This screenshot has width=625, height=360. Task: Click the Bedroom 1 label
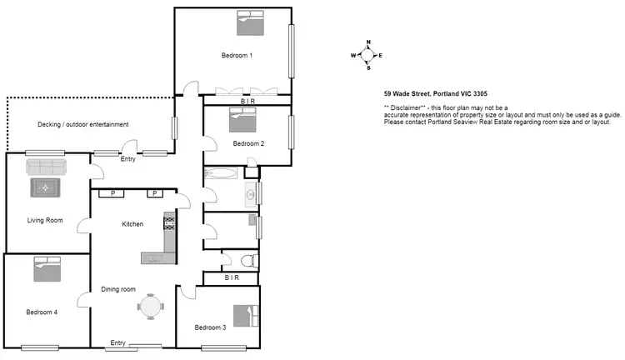tap(237, 56)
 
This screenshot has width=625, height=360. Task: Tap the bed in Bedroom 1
tap(248, 23)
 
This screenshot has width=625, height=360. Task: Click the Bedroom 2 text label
tap(248, 143)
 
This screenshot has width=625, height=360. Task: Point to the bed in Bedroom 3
tap(243, 316)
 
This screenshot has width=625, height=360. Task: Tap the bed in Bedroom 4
tap(47, 269)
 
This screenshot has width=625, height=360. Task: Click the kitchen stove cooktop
tap(169, 222)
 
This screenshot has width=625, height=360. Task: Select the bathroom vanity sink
tap(249, 197)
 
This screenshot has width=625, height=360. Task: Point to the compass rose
tap(366, 55)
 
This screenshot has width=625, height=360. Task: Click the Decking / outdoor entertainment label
tap(83, 125)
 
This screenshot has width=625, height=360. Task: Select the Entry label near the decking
tap(128, 159)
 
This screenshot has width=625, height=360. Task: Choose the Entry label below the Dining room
tap(117, 342)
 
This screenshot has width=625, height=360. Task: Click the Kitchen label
tap(133, 224)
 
